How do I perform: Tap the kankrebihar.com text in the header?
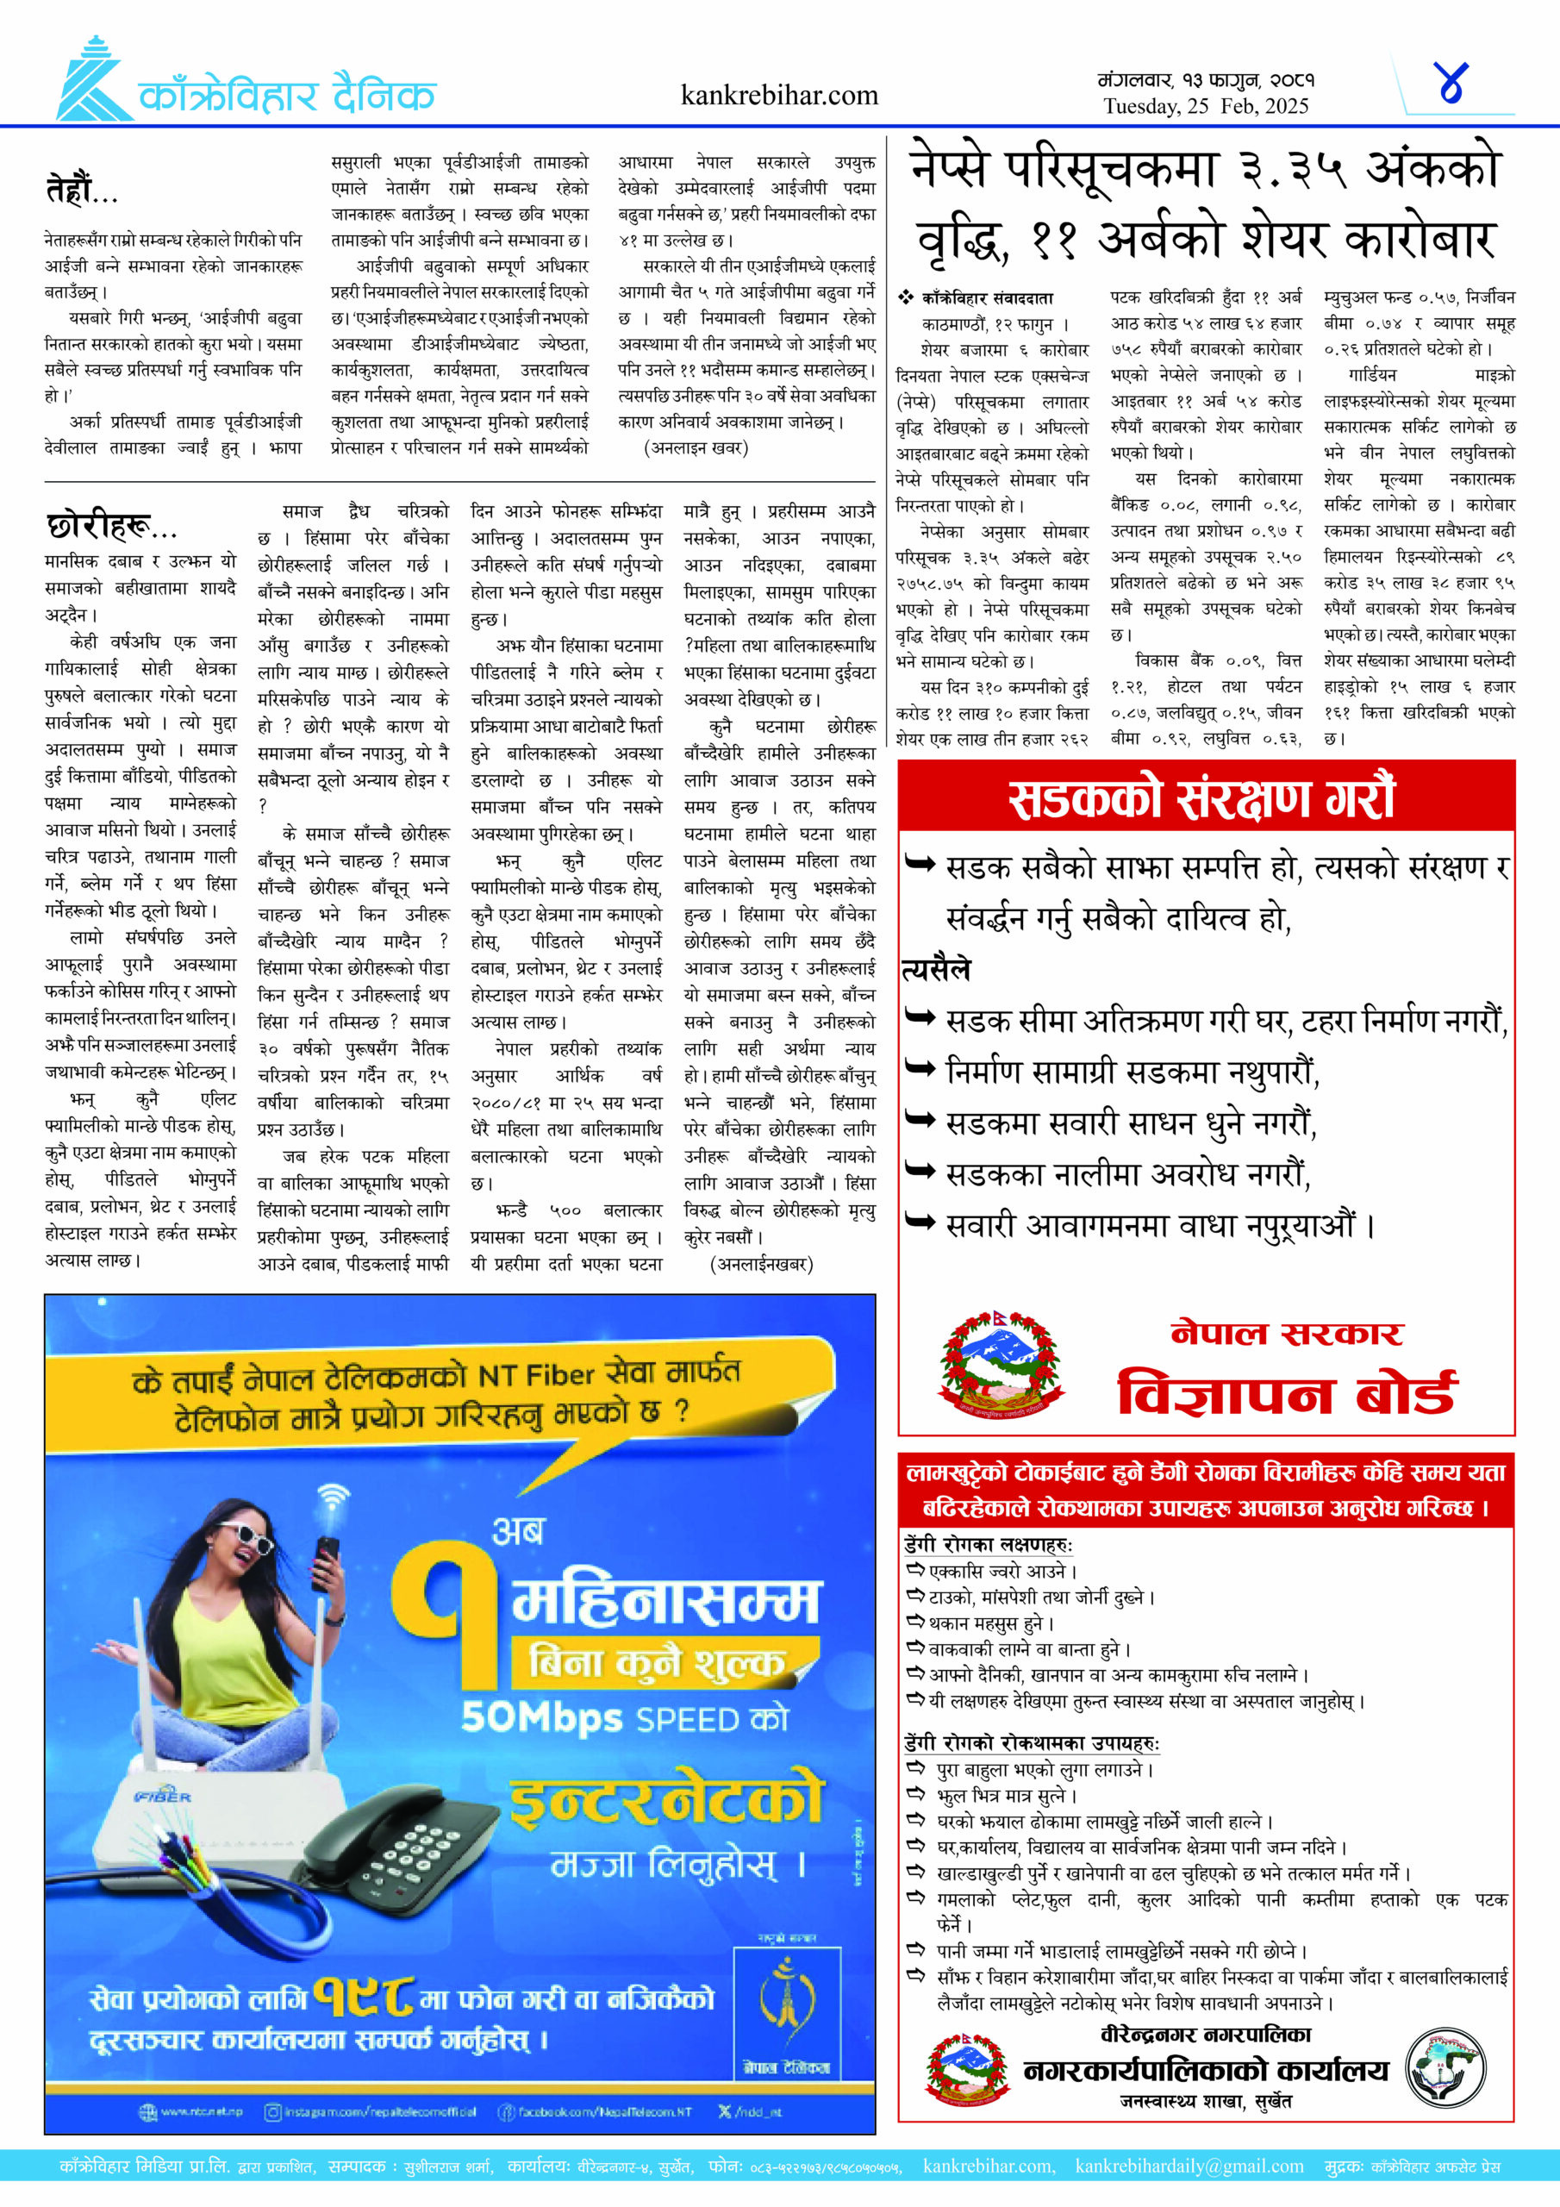778,95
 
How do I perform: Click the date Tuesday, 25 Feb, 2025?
1205,106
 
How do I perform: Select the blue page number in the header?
1451,84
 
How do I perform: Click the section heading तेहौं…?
82,189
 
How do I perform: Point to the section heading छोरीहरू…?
111,526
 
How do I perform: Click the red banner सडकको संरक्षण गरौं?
1203,797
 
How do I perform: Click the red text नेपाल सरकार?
1287,1333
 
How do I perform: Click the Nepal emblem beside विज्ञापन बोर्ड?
1001,1365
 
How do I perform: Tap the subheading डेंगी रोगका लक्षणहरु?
988,1545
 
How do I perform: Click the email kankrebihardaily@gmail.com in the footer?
1189,2166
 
